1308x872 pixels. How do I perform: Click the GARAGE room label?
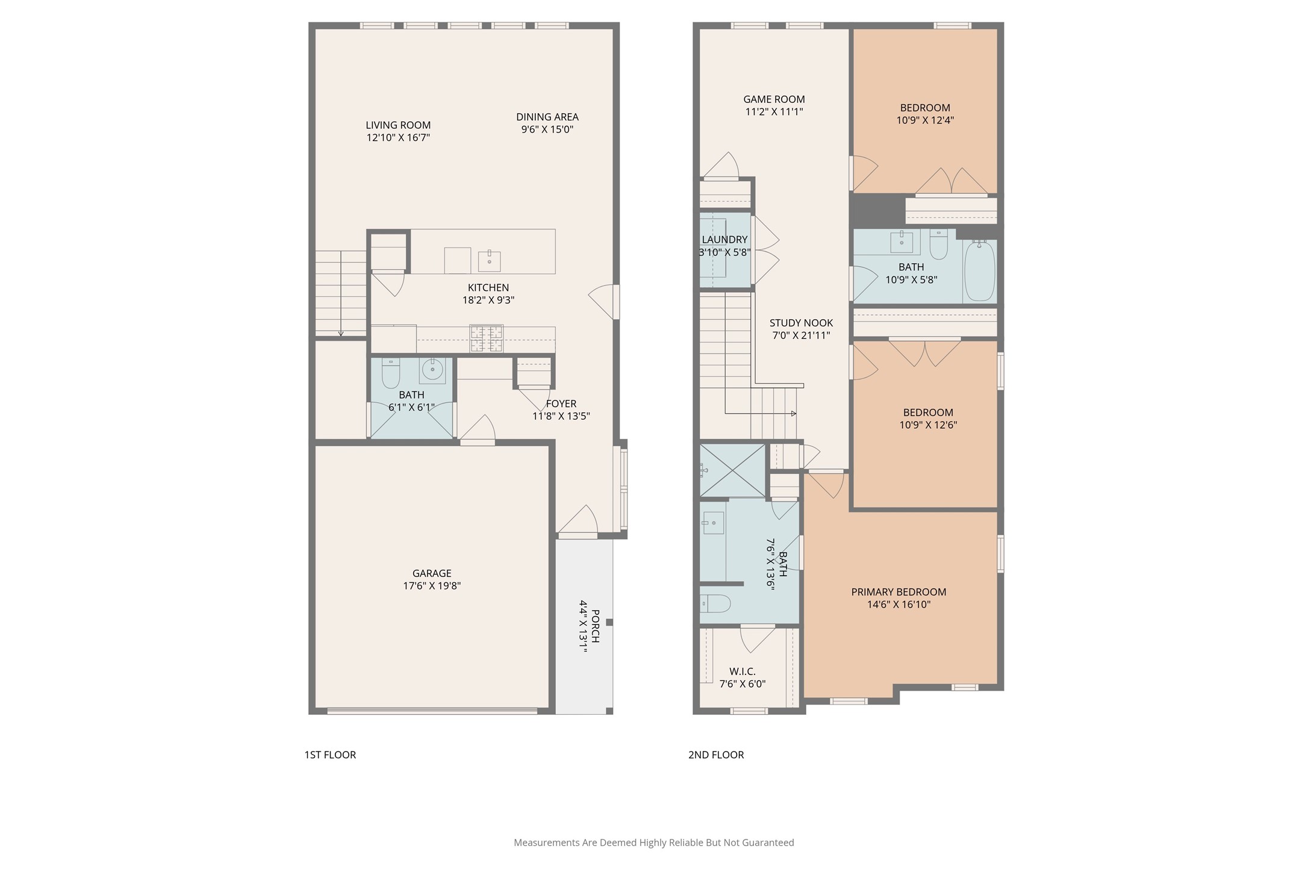click(432, 573)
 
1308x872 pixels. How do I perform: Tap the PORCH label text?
click(595, 626)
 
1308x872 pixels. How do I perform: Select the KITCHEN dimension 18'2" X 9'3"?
click(488, 300)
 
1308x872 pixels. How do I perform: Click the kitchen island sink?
click(490, 261)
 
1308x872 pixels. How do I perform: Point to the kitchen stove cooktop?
click(487, 338)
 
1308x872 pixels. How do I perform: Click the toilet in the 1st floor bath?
click(391, 373)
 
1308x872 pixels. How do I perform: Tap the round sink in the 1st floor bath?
click(432, 370)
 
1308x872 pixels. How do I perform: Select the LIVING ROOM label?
click(398, 125)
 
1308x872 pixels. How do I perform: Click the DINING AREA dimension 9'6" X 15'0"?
click(547, 129)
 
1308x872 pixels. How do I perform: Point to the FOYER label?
click(561, 403)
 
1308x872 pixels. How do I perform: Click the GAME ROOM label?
click(774, 99)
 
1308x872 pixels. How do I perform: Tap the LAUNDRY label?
click(724, 240)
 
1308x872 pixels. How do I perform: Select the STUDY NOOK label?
click(802, 323)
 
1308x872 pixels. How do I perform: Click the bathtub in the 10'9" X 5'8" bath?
click(980, 270)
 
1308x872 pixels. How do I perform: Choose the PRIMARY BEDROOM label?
click(898, 592)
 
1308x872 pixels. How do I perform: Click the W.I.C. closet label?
click(743, 671)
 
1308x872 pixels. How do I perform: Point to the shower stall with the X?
click(732, 470)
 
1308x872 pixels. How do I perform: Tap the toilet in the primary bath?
click(715, 603)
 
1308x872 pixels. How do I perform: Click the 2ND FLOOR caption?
click(716, 755)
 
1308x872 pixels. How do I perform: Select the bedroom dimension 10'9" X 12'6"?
click(928, 425)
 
